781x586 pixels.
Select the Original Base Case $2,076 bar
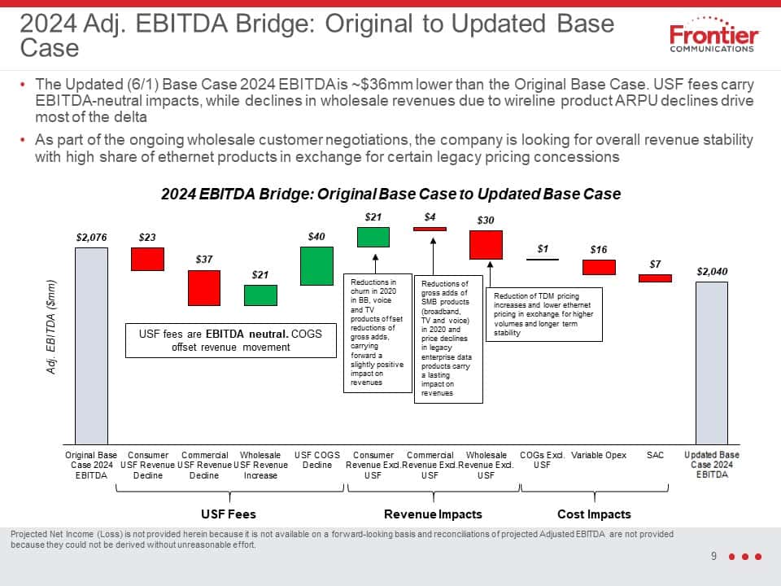pos(91,346)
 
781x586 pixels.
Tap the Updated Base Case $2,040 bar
pos(712,363)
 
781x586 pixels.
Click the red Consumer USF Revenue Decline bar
pos(147,259)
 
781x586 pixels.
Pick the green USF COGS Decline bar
pos(316,266)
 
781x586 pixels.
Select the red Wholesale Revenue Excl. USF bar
pos(486,245)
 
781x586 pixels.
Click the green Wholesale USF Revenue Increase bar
pos(260,295)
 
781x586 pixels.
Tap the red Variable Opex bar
pos(599,267)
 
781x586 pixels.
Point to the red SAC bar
pos(655,278)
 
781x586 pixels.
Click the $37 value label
pos(204,259)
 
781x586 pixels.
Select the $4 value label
pos(430,216)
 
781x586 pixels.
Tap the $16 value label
pos(599,249)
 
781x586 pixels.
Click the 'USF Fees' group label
pos(229,514)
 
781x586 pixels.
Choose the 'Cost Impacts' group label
pos(594,514)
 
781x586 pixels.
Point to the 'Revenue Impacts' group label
pos(433,514)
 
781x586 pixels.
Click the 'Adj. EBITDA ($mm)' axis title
pos(50,327)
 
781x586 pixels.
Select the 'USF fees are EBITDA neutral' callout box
pos(230,340)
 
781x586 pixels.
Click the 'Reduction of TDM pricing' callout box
pos(544,314)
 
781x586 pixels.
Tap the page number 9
pos(713,556)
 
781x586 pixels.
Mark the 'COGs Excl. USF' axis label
pos(542,460)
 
